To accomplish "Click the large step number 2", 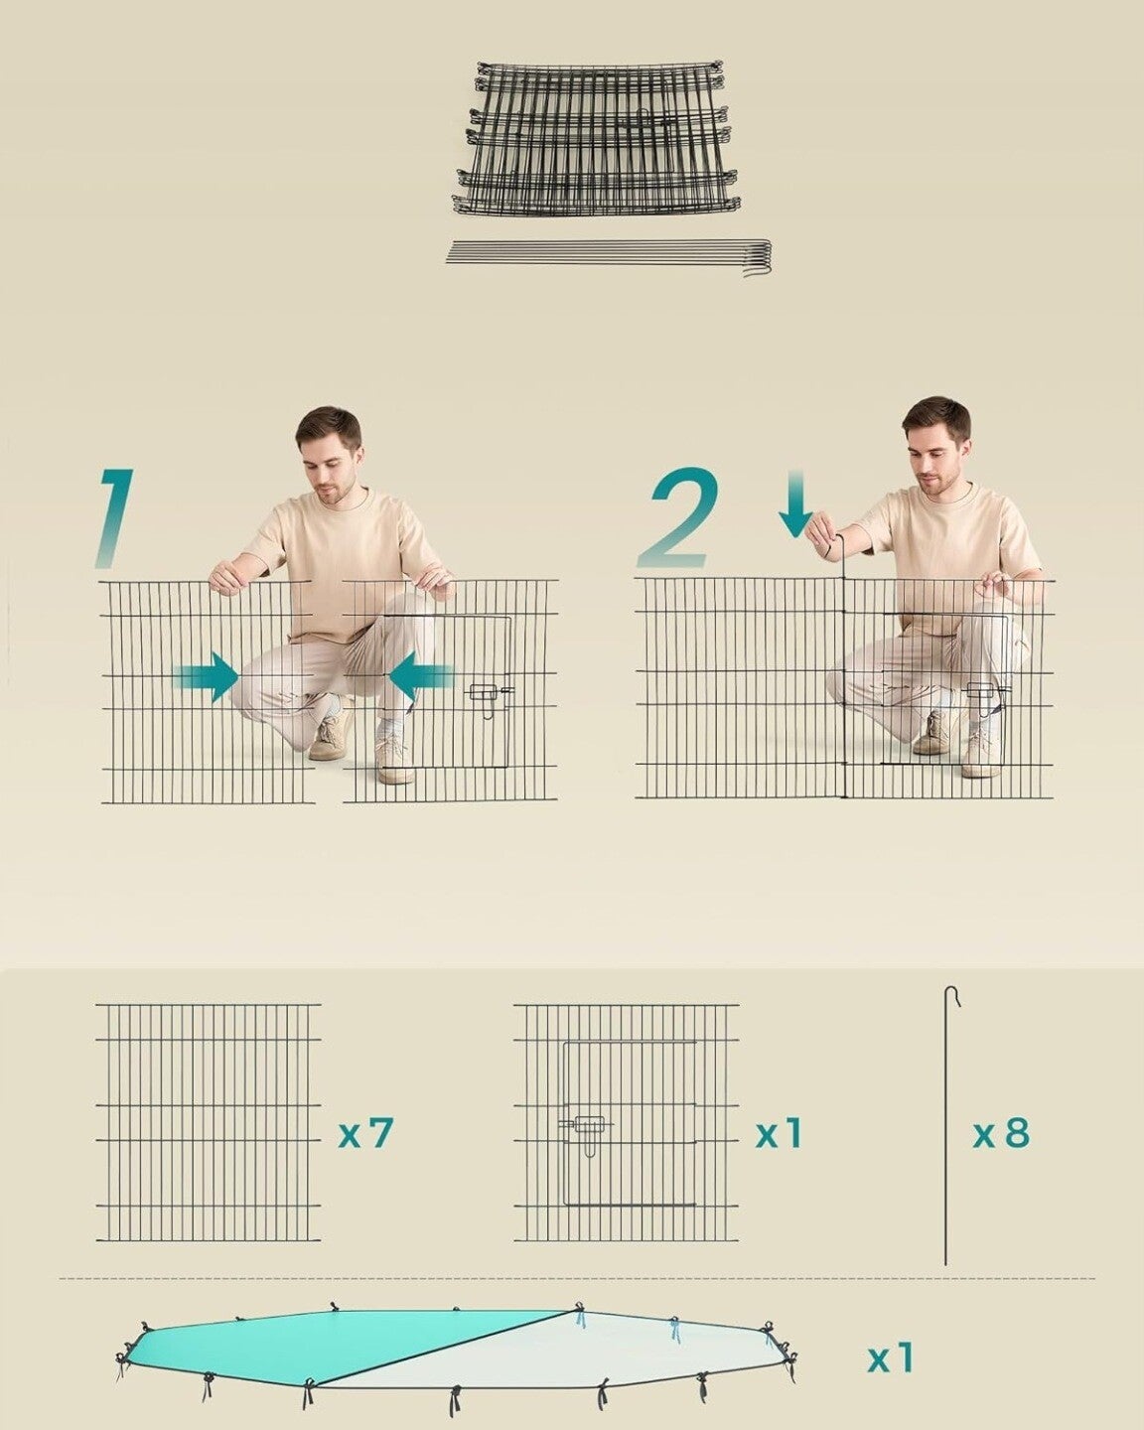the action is [x=678, y=518].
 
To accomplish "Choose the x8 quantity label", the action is [x=1001, y=1132].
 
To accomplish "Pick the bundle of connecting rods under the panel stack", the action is [x=609, y=256].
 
